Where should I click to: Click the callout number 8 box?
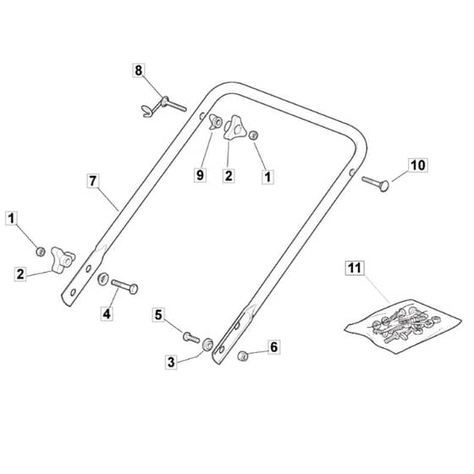click(139, 70)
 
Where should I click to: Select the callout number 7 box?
click(93, 181)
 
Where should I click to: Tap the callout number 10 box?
click(418, 165)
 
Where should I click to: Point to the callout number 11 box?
click(355, 267)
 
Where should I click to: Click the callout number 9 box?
click(200, 175)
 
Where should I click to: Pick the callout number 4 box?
click(107, 314)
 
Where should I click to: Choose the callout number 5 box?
click(158, 315)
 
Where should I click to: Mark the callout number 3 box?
click(171, 362)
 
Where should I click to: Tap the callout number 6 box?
click(274, 347)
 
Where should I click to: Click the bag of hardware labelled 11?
click(404, 327)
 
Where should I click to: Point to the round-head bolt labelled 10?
click(376, 183)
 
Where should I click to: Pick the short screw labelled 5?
click(191, 337)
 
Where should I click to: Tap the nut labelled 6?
click(243, 355)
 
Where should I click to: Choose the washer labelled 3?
click(207, 344)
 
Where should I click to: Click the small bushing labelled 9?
click(216, 122)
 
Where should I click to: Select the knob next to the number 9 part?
click(235, 128)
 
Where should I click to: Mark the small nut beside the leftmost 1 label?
click(41, 251)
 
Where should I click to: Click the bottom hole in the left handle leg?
click(73, 292)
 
